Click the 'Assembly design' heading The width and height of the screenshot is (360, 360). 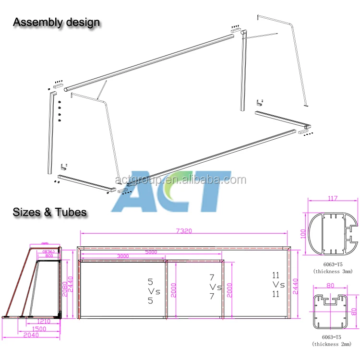[56, 22]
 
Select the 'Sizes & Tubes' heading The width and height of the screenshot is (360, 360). [49, 212]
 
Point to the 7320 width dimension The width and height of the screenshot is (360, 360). [184, 231]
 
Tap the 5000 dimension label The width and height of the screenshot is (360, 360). [152, 252]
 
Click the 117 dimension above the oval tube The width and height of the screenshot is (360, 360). [333, 197]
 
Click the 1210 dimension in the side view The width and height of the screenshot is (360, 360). [44, 321]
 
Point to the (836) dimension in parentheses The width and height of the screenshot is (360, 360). [48, 251]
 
